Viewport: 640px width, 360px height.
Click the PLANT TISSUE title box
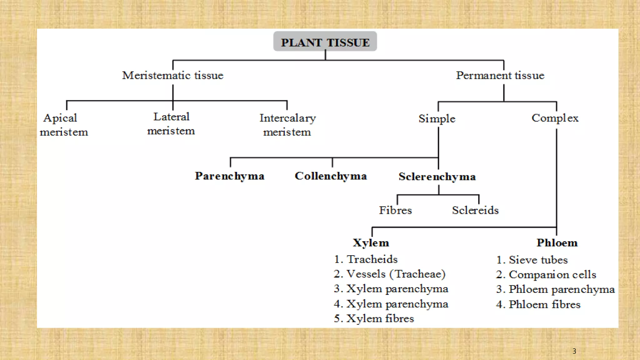point(325,41)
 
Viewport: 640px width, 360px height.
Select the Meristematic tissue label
point(173,75)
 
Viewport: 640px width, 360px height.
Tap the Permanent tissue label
point(500,75)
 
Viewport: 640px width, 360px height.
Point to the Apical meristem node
point(64,125)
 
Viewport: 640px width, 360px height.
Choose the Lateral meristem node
point(171,124)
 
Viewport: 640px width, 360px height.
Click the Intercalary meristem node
point(287,125)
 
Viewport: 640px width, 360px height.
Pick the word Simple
point(437,119)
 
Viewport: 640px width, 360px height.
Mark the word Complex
point(555,118)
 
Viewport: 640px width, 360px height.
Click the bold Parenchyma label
point(230,176)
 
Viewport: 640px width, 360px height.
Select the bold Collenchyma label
point(331,176)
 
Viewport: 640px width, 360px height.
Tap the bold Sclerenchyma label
point(437,177)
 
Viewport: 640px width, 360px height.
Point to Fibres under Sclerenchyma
point(395,210)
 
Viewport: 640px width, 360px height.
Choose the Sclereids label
point(475,210)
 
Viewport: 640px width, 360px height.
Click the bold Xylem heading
point(371,243)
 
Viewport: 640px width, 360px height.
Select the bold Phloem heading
point(557,243)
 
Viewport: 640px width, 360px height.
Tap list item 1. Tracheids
point(366,259)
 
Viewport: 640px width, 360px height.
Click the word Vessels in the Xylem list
point(366,274)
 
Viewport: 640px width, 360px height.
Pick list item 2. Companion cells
point(546,274)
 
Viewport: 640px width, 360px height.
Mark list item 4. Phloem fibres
point(538,304)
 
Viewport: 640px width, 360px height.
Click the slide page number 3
point(574,351)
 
